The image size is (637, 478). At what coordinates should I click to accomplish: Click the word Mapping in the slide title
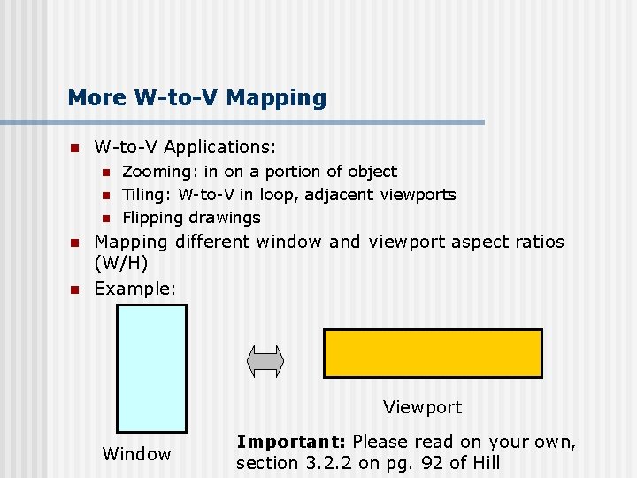click(276, 98)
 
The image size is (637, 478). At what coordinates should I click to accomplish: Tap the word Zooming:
click(160, 172)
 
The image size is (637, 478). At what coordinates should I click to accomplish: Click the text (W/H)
click(121, 265)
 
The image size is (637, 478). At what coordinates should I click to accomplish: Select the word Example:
click(135, 289)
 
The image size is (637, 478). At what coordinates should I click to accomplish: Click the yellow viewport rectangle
click(433, 353)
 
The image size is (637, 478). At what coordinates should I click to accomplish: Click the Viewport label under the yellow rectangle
click(422, 408)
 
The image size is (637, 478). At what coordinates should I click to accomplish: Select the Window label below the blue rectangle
click(136, 454)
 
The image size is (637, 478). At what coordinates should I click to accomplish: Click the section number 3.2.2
click(332, 463)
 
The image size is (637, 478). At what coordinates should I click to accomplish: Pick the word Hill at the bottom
click(487, 463)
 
